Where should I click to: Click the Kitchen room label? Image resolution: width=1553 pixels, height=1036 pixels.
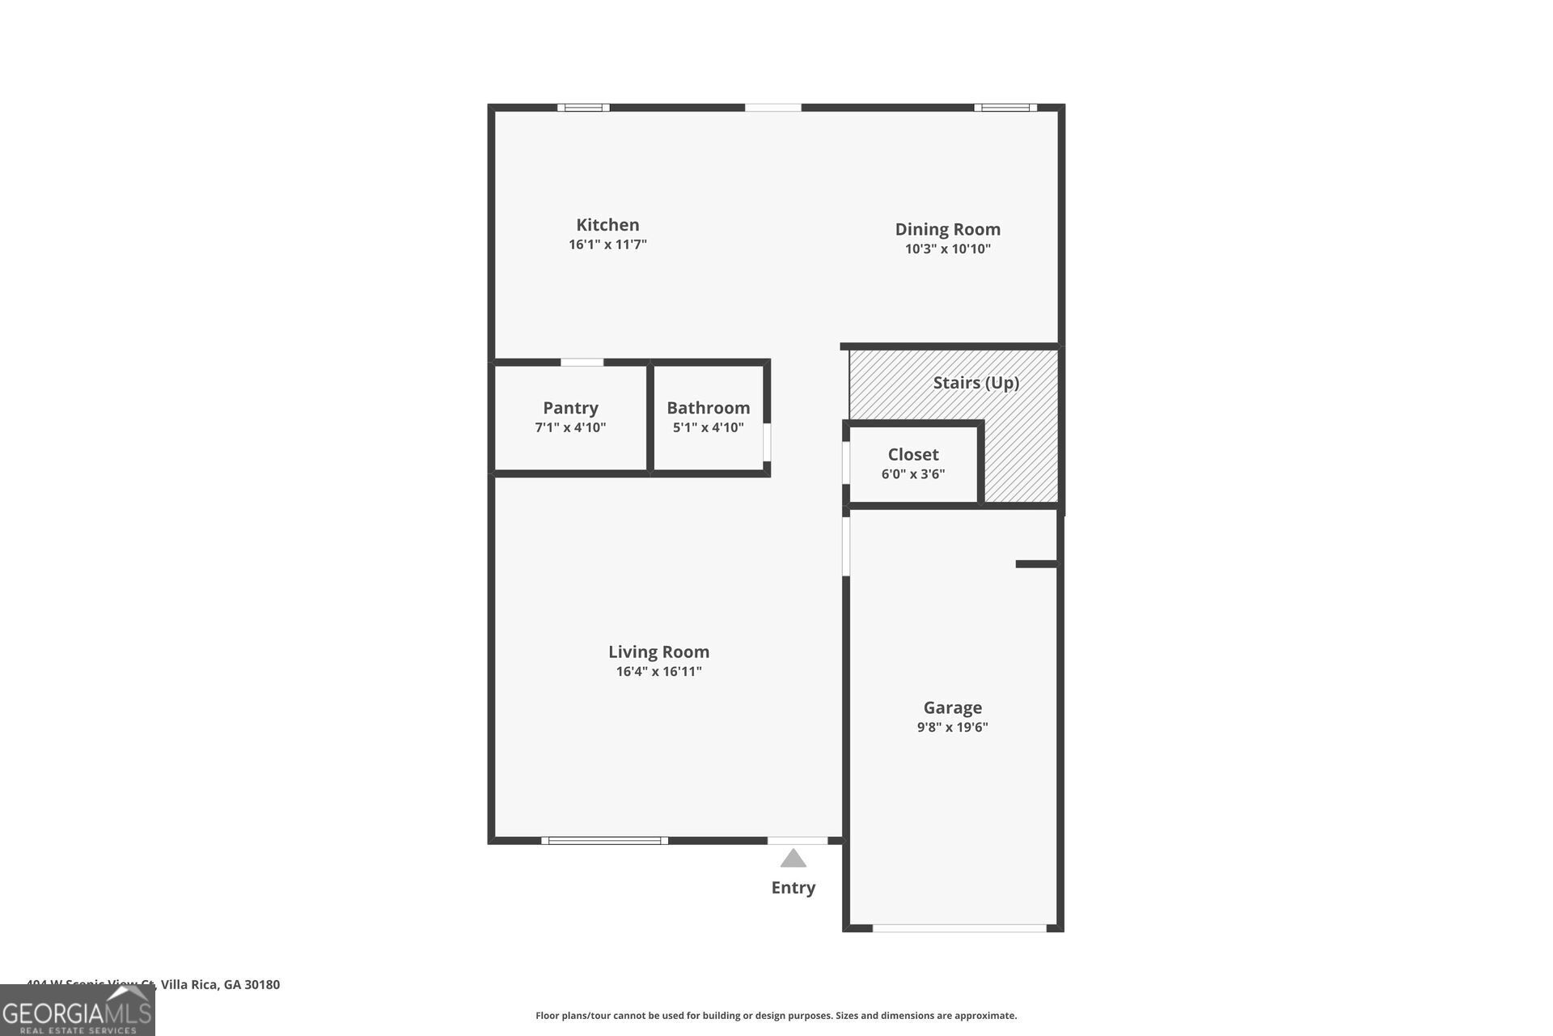click(x=607, y=225)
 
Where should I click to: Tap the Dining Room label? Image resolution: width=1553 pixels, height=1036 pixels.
click(x=947, y=229)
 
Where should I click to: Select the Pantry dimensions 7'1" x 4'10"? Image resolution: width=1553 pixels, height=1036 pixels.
click(x=570, y=427)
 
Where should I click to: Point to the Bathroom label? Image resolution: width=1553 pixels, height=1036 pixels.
click(x=708, y=408)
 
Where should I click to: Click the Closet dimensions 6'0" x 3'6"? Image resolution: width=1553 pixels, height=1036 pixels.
click(x=913, y=474)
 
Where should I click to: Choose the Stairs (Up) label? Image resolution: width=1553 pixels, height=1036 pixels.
click(x=975, y=383)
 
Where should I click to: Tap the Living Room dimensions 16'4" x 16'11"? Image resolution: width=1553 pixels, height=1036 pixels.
click(x=658, y=672)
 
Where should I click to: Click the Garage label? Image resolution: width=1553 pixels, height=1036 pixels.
click(x=952, y=707)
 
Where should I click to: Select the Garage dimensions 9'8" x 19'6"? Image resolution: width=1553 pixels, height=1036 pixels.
click(x=952, y=727)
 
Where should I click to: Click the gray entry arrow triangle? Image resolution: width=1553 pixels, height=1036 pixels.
click(x=793, y=859)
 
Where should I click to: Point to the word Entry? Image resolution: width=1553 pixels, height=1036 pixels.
click(x=793, y=888)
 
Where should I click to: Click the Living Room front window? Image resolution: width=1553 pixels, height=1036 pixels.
click(x=604, y=841)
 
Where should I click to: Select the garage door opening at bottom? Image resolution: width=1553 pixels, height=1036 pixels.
click(x=959, y=928)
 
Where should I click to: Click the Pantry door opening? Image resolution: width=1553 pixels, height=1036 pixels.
click(x=582, y=363)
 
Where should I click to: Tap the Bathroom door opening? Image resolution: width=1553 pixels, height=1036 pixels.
click(x=767, y=442)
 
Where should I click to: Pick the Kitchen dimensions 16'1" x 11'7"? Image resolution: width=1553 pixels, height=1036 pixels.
click(x=607, y=244)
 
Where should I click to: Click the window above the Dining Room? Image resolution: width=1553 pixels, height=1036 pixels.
click(x=1005, y=108)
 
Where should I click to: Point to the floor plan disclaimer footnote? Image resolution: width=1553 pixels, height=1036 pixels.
click(x=776, y=1016)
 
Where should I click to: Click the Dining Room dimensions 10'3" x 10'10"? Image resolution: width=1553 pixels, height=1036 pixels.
click(x=947, y=249)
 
